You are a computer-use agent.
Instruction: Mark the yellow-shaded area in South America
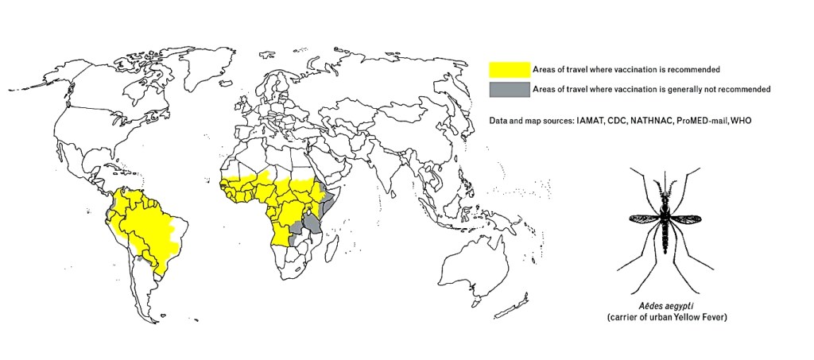pyautogui.click(x=151, y=226)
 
